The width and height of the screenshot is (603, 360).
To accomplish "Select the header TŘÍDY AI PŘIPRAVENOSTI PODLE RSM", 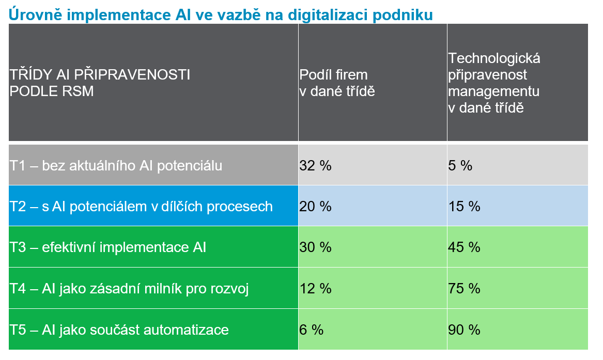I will [100, 83].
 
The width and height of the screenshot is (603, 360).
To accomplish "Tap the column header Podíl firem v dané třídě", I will [337, 83].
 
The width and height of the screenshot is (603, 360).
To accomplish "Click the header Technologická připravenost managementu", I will [494, 83].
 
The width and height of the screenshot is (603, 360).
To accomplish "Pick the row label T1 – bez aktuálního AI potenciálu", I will [116, 166].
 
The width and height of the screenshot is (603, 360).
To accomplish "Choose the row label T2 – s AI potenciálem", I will [141, 207].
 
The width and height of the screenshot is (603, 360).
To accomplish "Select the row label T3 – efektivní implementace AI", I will [108, 247].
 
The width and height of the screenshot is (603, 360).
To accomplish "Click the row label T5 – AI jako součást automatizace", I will [119, 330].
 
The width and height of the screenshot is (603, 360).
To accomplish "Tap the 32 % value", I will [315, 166].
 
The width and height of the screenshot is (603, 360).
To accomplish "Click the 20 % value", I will [315, 207].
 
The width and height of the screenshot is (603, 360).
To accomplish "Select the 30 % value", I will [315, 247].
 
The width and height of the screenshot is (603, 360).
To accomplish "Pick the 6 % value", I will [312, 330].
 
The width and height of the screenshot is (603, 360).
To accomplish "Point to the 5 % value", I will [460, 166].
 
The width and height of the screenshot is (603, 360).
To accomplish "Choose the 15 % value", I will [464, 207].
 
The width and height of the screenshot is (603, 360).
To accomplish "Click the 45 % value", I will [464, 247].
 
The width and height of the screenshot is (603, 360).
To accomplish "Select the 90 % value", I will [464, 330].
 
